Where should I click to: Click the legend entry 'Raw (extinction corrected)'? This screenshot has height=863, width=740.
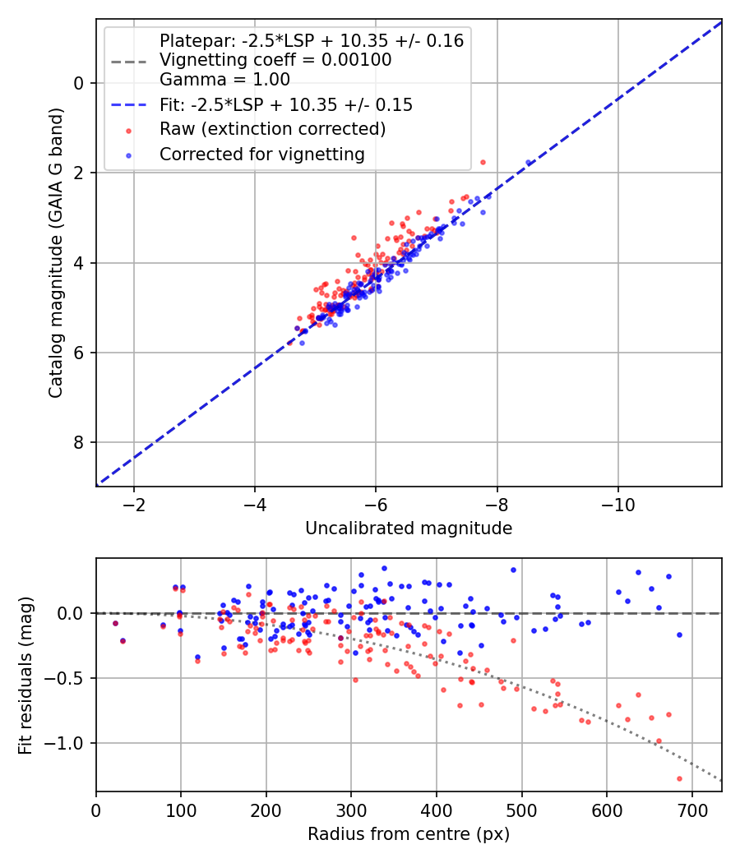(x=272, y=129)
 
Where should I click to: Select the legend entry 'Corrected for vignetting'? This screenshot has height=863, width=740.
(x=261, y=154)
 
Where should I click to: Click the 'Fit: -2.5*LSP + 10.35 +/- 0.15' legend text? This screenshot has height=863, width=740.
(x=286, y=105)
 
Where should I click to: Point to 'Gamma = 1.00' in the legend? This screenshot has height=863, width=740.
(x=224, y=81)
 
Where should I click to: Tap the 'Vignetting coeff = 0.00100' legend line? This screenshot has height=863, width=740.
(x=275, y=60)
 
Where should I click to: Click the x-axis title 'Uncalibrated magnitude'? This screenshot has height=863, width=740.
(x=409, y=528)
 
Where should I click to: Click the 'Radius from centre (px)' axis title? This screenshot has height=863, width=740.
(x=409, y=834)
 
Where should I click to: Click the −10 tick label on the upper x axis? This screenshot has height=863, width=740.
(x=617, y=505)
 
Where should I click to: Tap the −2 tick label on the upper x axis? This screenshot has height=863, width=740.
(x=134, y=505)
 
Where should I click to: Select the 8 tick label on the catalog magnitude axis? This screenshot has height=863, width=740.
(x=79, y=443)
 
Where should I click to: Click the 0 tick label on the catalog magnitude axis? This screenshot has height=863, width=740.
(x=79, y=83)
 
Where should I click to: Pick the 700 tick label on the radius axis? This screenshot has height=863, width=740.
(x=691, y=810)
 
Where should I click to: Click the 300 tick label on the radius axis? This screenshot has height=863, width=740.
(x=351, y=810)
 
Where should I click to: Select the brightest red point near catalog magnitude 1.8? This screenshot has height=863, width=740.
(x=483, y=162)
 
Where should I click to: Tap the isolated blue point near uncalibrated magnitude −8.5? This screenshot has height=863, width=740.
(x=529, y=163)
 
